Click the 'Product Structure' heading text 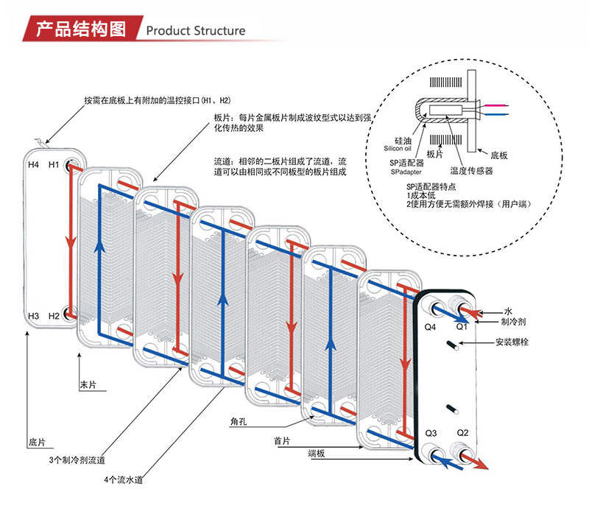(195, 30)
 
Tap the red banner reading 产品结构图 (81, 29)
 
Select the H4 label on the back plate (33, 164)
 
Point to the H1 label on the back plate (53, 164)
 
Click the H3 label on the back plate (33, 316)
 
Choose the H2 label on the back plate (53, 316)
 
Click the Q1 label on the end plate (462, 326)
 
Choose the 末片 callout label (88, 385)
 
